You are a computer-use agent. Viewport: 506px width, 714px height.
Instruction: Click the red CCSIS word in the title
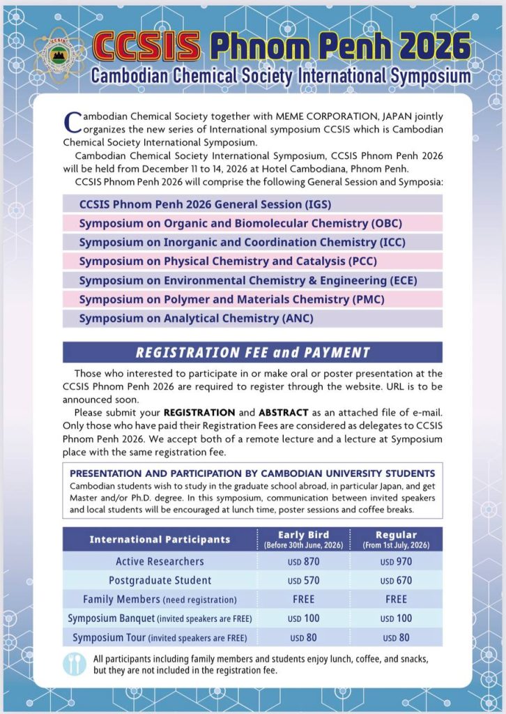(146, 46)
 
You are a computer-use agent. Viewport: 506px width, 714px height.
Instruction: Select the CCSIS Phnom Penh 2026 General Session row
(205, 204)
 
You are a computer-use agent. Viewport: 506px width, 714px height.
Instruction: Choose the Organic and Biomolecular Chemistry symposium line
(240, 223)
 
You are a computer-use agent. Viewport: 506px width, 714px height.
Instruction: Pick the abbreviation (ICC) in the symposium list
(391, 242)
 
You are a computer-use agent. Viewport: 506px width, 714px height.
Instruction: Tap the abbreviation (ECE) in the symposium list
(406, 280)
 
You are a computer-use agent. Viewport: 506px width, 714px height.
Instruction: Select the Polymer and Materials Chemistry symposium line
(231, 299)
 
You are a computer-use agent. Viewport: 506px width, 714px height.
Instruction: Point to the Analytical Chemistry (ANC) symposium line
(196, 319)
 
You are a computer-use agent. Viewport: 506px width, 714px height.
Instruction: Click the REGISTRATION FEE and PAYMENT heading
(253, 352)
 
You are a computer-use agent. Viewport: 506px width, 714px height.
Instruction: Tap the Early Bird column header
(303, 539)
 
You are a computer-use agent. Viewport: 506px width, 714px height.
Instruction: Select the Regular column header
(396, 539)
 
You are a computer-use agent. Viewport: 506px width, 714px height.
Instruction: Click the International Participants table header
(160, 539)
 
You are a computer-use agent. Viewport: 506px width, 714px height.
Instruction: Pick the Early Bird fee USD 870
(303, 561)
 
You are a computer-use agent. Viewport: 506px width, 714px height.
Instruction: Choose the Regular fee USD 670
(396, 580)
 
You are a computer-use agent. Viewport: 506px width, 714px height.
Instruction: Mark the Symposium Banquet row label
(160, 618)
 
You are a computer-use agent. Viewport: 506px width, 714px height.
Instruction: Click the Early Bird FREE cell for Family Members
(303, 599)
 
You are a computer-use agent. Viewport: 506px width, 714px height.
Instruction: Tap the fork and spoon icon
(74, 664)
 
